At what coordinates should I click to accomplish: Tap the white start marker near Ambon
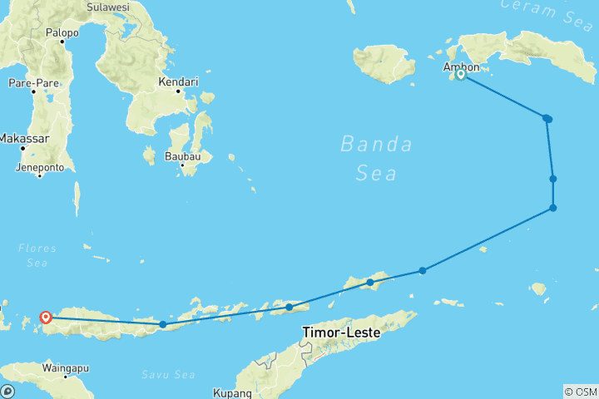460,76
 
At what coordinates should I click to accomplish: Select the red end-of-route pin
46,317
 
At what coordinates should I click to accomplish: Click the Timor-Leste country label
341,332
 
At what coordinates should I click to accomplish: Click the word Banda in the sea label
376,144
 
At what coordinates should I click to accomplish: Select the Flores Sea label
37,256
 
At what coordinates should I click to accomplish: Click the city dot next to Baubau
183,165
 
